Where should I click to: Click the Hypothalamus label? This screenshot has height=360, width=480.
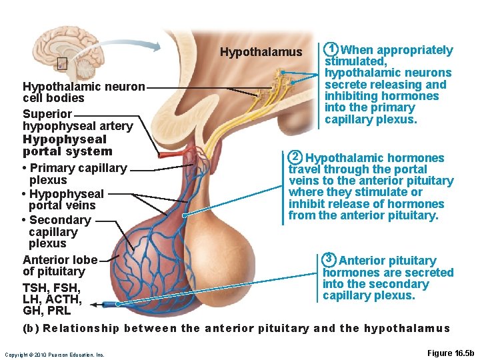click(x=261, y=52)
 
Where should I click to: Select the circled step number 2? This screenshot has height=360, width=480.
click(x=295, y=157)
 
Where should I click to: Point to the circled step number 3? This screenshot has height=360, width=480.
click(x=329, y=259)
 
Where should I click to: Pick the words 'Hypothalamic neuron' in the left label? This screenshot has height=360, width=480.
click(x=83, y=87)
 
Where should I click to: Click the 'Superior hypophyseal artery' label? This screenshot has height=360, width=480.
click(x=77, y=120)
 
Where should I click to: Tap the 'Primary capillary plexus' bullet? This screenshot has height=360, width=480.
click(x=75, y=174)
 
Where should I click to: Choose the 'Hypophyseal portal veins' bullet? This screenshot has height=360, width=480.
click(x=63, y=199)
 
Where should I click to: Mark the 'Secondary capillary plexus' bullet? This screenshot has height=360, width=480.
click(x=57, y=231)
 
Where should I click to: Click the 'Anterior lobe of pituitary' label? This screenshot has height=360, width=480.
click(x=59, y=265)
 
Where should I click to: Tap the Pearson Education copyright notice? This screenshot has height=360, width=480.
click(x=54, y=355)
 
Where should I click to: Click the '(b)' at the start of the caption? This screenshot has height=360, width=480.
click(x=31, y=328)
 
